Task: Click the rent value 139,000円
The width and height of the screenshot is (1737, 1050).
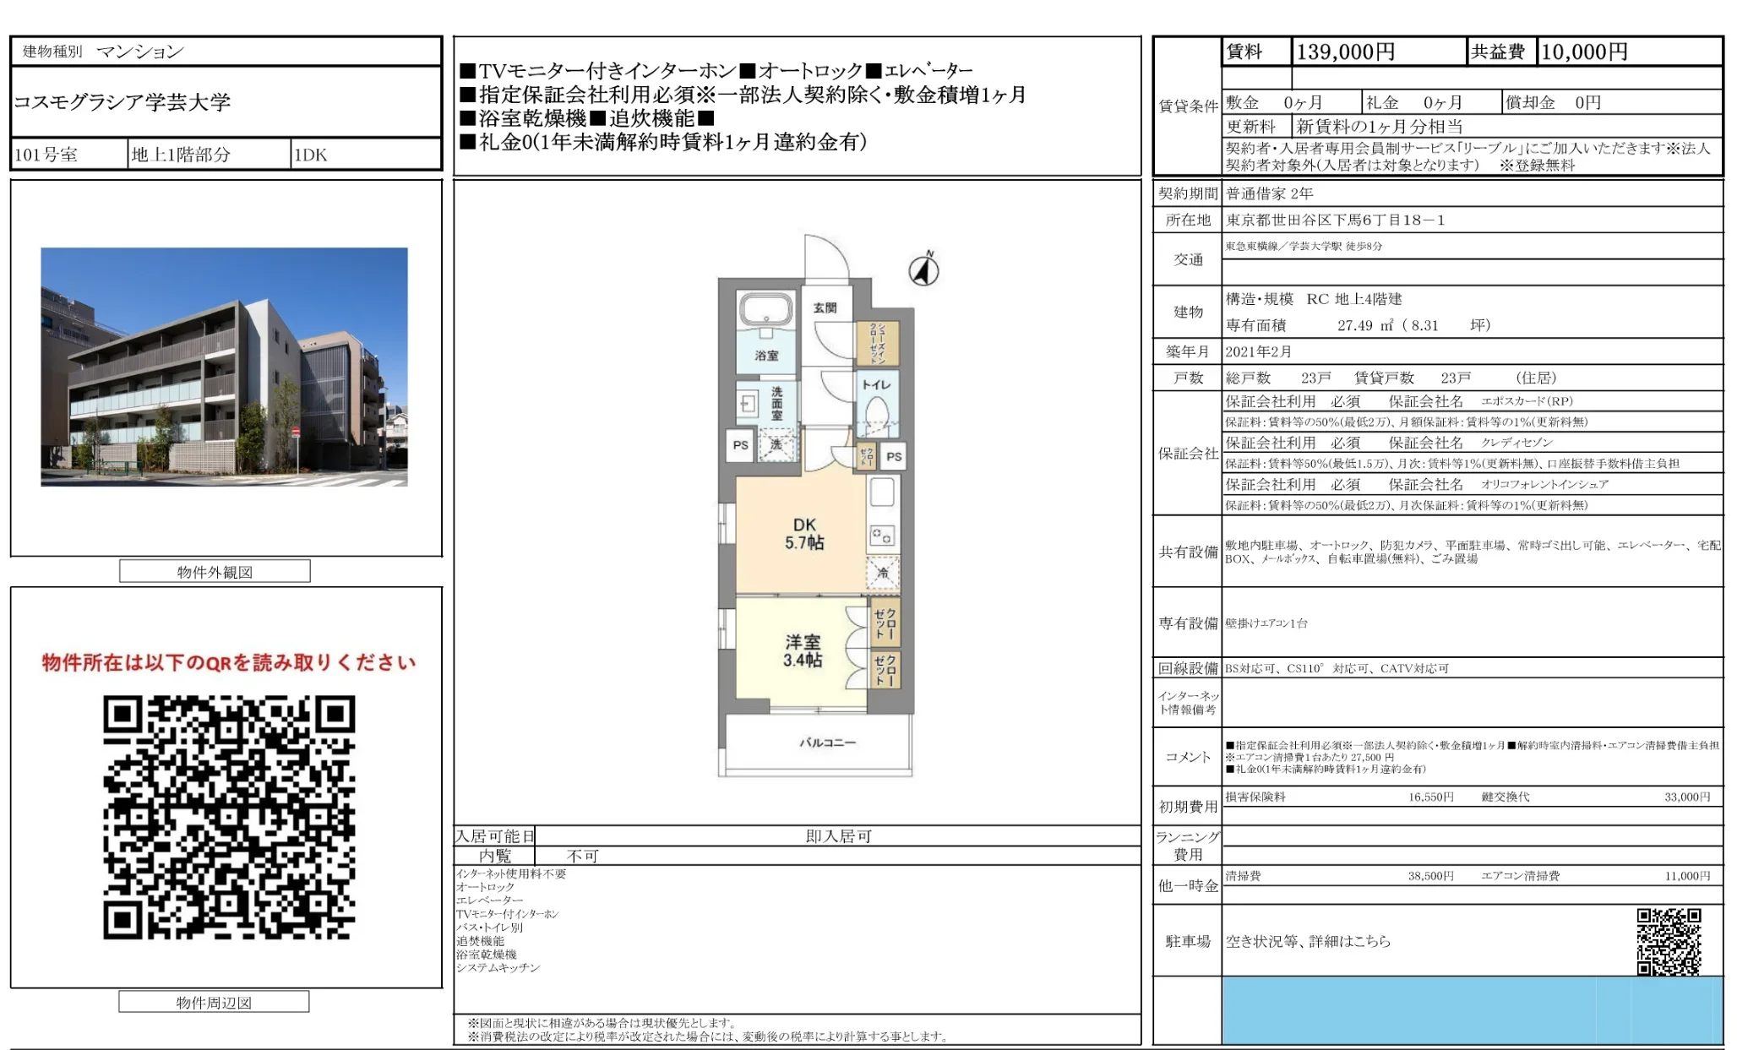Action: (1345, 52)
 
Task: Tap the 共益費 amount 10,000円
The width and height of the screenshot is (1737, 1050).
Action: (1584, 52)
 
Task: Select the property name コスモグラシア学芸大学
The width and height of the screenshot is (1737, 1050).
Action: (122, 102)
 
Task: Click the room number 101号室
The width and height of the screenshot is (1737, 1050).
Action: (46, 155)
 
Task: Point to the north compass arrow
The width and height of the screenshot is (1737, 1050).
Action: (924, 270)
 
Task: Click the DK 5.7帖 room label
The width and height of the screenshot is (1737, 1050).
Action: (803, 534)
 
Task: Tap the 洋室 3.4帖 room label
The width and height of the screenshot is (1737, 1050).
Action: (802, 650)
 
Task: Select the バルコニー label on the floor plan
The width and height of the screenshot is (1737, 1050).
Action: (827, 743)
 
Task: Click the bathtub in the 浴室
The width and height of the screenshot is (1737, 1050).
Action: (765, 310)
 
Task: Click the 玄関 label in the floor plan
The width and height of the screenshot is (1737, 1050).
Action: (825, 307)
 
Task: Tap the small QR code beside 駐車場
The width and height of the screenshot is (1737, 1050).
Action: (1669, 941)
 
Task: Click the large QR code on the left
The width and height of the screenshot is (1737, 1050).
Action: (229, 817)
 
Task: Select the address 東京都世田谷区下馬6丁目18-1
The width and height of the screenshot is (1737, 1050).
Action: (1335, 220)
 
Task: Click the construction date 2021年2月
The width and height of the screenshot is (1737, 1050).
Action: (1258, 351)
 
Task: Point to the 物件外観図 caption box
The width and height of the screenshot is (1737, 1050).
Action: (215, 572)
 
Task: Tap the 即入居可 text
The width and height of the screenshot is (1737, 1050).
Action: (838, 836)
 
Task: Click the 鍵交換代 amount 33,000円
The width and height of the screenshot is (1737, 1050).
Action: (1686, 797)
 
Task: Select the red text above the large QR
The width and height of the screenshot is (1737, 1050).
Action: (229, 662)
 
